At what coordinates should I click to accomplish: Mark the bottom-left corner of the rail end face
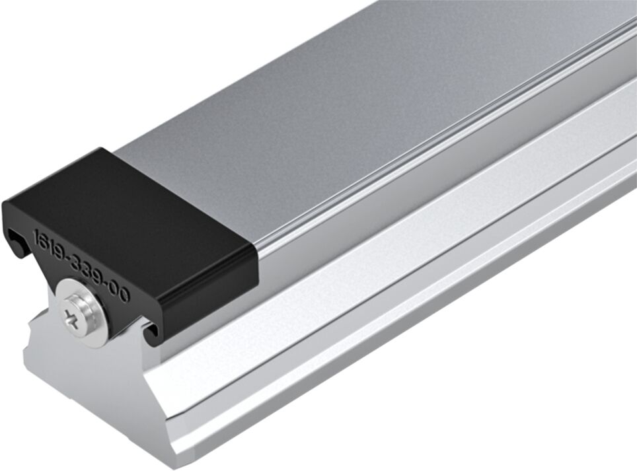[26, 370]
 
